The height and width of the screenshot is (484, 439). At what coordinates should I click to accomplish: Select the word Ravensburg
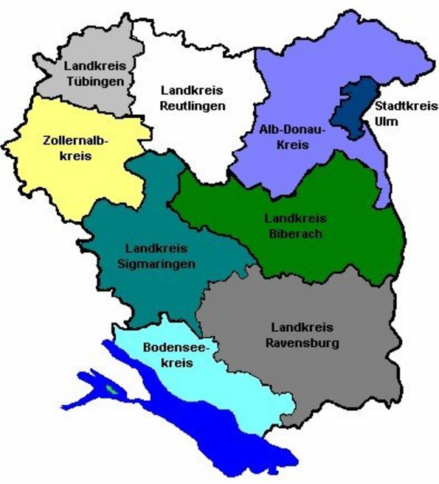[x=304, y=343]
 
